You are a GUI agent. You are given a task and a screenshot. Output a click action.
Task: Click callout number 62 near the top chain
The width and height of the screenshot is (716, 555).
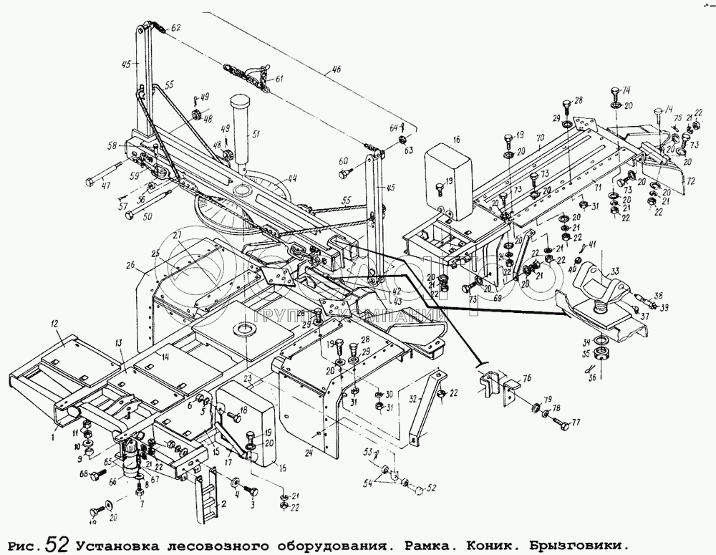pyautogui.click(x=176, y=28)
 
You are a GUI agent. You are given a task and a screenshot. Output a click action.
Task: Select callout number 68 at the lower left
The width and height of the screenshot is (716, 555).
pyautogui.click(x=83, y=474)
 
